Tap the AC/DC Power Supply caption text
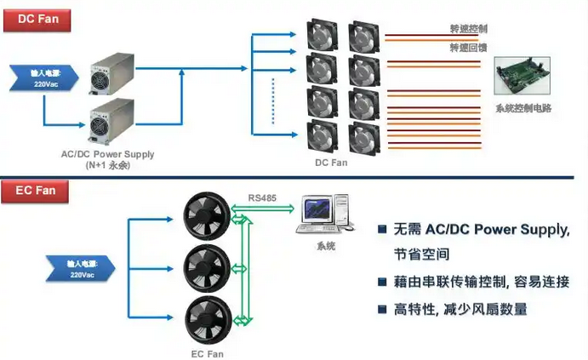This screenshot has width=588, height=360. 108,155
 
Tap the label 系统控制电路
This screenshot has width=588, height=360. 524,109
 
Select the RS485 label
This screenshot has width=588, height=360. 261,197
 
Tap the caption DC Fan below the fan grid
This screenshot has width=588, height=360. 332,161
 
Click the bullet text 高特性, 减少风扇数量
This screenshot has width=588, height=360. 460,310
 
